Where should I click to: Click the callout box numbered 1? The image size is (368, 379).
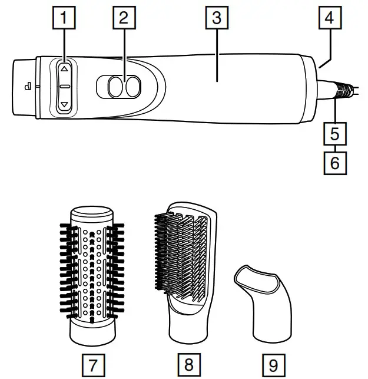(65, 18)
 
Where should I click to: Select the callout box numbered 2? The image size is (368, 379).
(123, 18)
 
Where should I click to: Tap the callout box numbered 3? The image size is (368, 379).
(217, 18)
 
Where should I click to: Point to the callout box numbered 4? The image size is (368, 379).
(329, 18)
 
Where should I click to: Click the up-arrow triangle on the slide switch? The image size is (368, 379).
(65, 68)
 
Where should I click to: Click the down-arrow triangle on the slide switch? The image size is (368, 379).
(65, 104)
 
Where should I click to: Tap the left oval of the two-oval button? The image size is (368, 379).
(116, 87)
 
